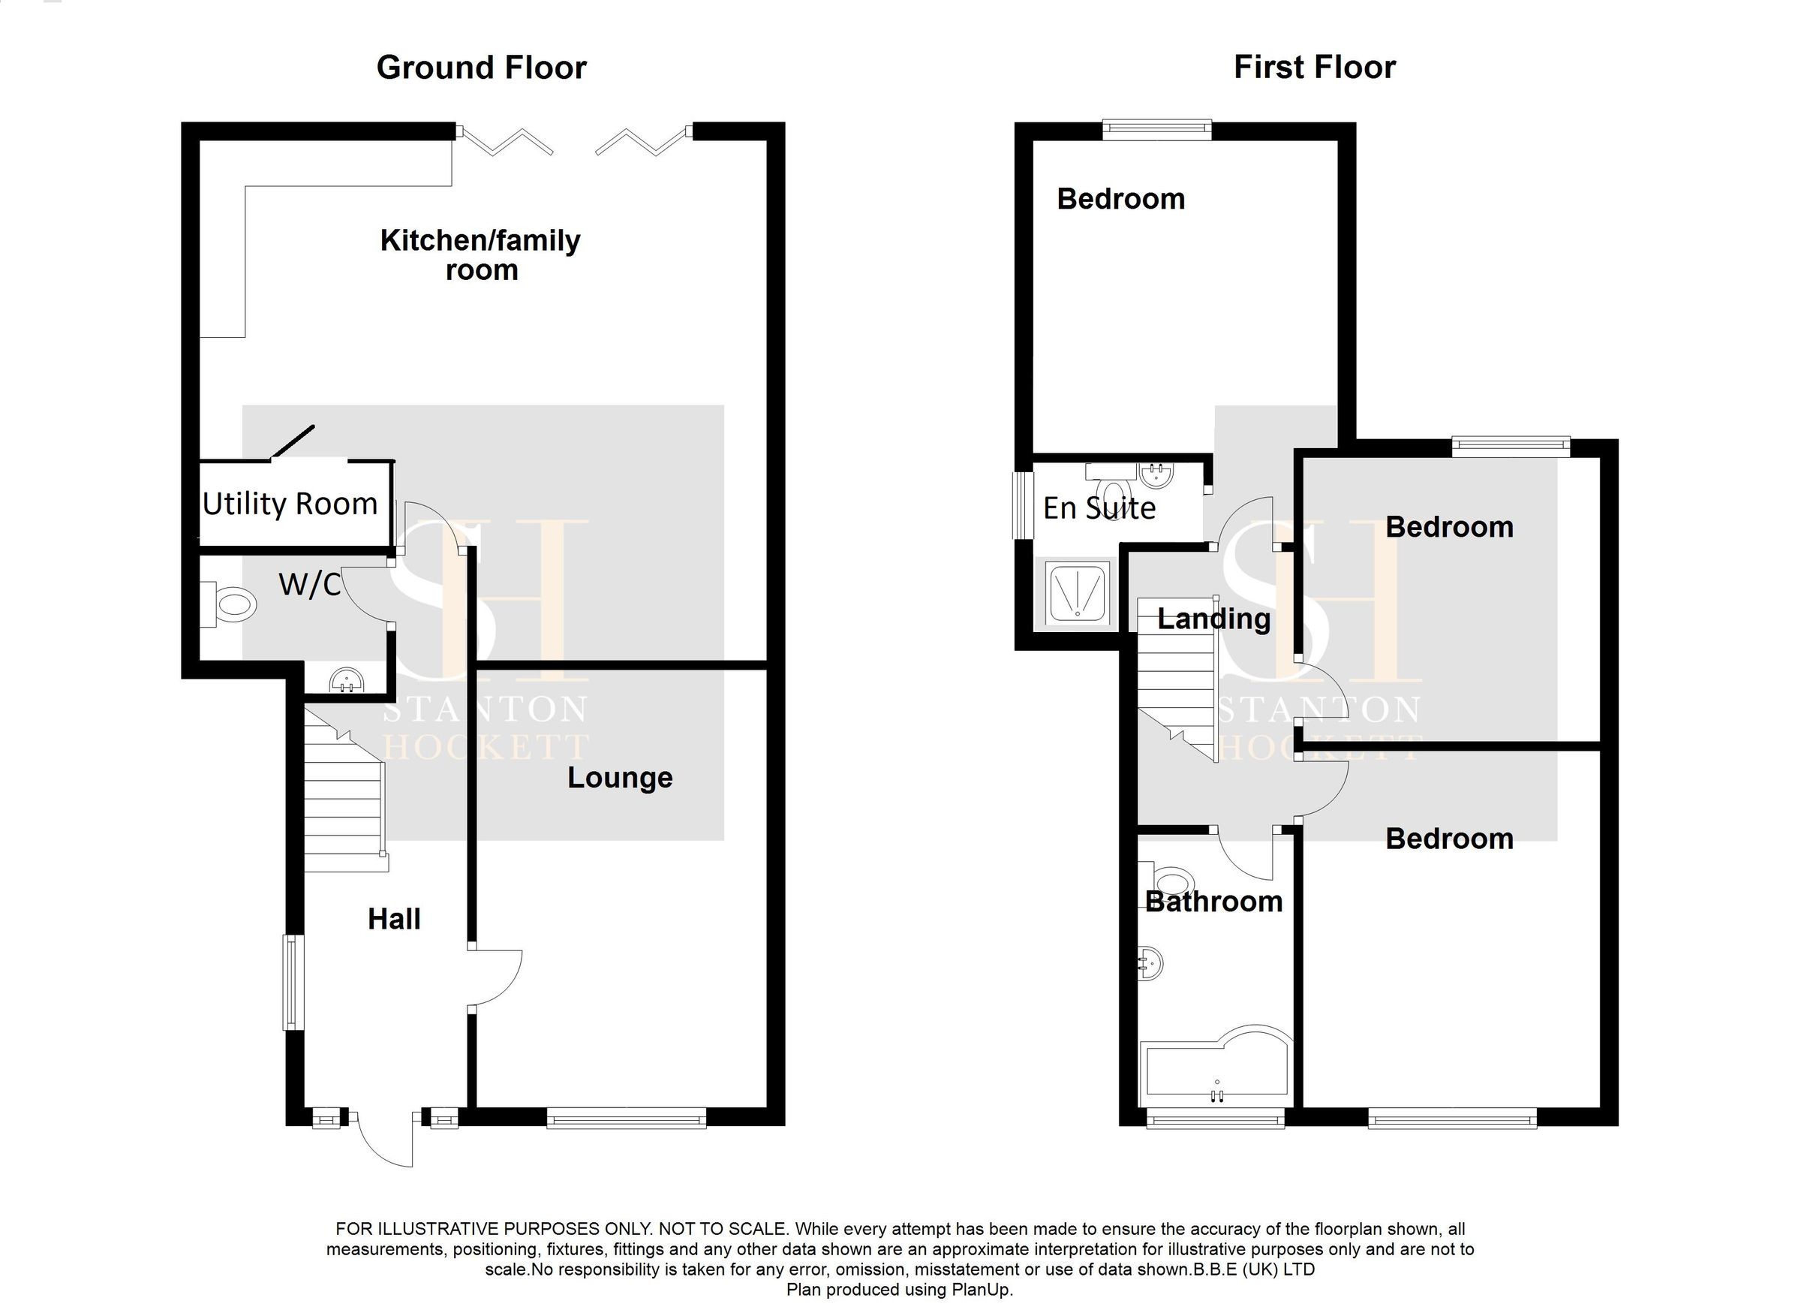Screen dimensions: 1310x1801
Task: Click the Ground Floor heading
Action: point(481,68)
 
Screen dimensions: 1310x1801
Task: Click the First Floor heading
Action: point(1314,68)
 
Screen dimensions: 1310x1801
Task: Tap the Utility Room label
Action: point(290,504)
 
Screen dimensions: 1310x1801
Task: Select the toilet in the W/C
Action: point(231,606)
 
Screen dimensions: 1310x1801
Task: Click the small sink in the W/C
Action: point(347,682)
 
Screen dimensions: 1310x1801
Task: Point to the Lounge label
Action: point(619,777)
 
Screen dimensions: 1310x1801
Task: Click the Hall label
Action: point(394,919)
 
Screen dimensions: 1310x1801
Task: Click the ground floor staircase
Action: point(344,810)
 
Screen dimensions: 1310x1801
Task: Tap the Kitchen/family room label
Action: point(480,254)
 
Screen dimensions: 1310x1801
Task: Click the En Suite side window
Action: point(1024,506)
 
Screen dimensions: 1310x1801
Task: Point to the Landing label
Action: point(1213,619)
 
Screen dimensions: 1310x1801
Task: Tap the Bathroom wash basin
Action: point(1150,964)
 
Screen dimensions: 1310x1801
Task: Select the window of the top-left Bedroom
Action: point(1157,128)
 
